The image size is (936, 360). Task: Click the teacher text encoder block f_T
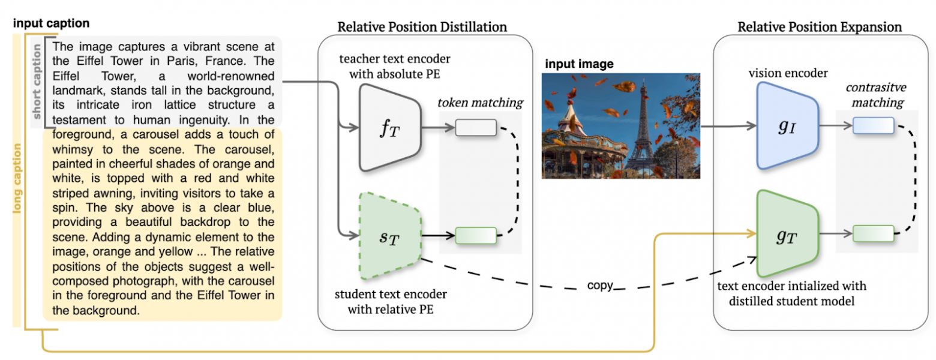coord(389,127)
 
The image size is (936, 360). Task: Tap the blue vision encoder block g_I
coord(787,125)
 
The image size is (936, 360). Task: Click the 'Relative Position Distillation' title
coord(422,27)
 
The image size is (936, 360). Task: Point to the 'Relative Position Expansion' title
coord(819,27)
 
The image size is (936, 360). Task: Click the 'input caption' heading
coord(51,24)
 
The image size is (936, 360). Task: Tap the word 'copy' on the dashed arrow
coord(600,286)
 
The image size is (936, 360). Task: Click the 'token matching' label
coord(481,103)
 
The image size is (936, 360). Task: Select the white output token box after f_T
coord(476,127)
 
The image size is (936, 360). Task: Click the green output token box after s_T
coord(476,235)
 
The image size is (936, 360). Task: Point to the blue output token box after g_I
coord(873,125)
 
